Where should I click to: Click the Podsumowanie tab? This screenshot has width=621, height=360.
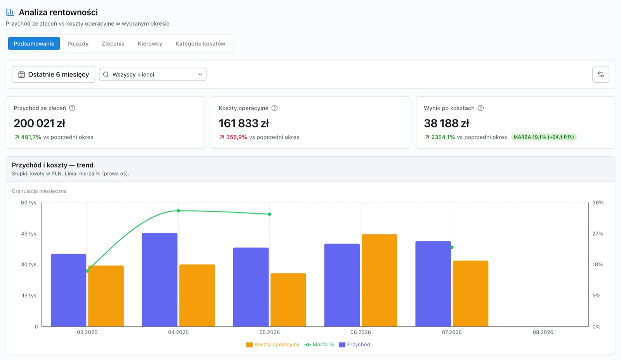click(x=34, y=43)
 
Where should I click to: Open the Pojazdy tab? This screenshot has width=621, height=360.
click(x=78, y=43)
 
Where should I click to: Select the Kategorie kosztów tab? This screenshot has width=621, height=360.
click(x=200, y=43)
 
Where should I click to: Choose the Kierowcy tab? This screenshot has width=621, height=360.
click(x=150, y=43)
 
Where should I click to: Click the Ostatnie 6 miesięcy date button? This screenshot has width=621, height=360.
click(x=54, y=74)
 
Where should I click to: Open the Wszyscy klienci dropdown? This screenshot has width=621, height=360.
click(x=153, y=74)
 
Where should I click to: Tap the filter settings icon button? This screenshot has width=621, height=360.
click(x=601, y=74)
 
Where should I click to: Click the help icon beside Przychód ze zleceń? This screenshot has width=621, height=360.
click(x=72, y=108)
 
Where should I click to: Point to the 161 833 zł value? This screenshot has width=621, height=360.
click(x=244, y=123)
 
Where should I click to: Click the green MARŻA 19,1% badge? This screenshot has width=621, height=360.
click(x=544, y=137)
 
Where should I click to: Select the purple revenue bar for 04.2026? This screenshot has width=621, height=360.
click(x=160, y=280)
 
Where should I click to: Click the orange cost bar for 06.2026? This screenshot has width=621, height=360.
click(x=379, y=280)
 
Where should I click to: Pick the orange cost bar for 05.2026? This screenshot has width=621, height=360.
click(x=288, y=300)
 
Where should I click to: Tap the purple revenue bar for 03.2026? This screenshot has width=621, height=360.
click(x=68, y=290)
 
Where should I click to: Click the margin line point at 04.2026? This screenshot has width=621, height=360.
click(x=178, y=211)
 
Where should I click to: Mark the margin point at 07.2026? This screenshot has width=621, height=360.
click(x=452, y=247)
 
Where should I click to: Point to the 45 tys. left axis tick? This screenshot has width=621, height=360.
click(x=29, y=233)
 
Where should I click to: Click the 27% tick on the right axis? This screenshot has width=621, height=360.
click(x=598, y=233)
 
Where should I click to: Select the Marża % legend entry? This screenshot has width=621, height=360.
click(x=319, y=344)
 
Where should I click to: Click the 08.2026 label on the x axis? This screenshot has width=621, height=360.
click(x=543, y=332)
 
